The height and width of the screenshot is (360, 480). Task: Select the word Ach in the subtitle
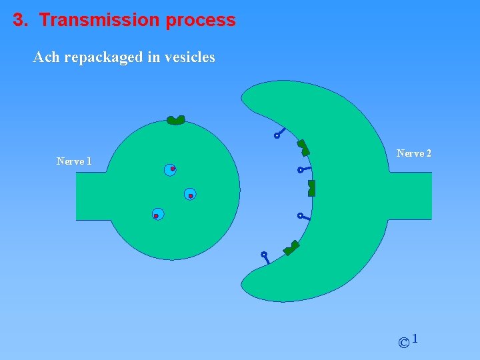(46, 57)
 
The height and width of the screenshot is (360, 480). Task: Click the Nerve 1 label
(74, 161)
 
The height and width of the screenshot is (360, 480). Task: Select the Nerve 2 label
(414, 153)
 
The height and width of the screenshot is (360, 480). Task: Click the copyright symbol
(403, 343)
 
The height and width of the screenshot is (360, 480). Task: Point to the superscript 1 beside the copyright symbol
(415, 339)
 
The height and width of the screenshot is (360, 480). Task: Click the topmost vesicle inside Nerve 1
(171, 169)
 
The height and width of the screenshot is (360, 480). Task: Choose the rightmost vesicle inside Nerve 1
(190, 194)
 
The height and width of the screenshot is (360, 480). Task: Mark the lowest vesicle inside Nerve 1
(157, 215)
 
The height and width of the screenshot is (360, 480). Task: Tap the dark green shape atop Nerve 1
(176, 120)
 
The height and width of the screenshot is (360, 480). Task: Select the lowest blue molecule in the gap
(265, 257)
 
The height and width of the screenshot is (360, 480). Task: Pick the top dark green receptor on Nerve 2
(303, 147)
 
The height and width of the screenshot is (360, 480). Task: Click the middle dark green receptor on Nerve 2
(311, 188)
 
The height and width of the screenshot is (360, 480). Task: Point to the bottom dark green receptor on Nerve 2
(291, 248)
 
